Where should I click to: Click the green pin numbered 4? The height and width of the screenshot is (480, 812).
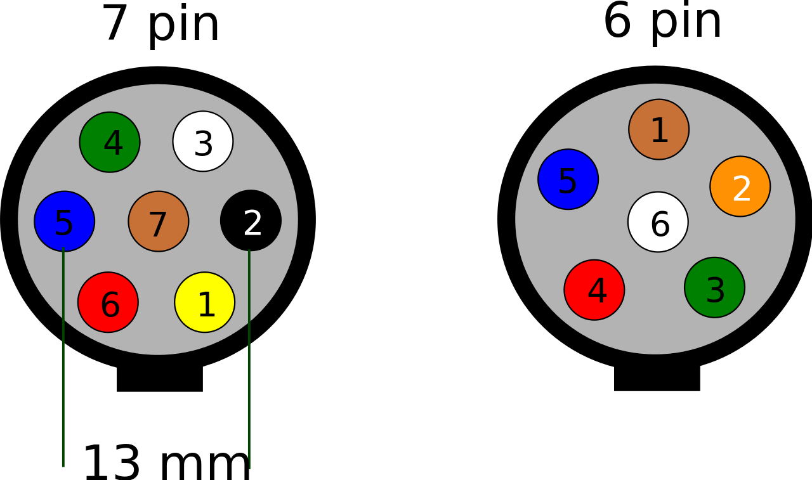tap(110, 142)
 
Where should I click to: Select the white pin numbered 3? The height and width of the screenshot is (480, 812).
tap(203, 141)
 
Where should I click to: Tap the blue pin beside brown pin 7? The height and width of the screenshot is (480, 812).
tap(64, 221)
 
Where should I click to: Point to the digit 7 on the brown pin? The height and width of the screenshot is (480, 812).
tap(157, 225)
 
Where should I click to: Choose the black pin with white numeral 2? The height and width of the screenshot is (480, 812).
tap(251, 220)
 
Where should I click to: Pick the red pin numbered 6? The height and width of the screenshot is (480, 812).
tap(108, 302)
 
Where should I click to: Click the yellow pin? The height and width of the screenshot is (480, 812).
tap(204, 302)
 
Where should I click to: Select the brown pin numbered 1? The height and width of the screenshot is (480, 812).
tap(658, 129)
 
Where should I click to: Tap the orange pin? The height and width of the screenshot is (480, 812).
tap(740, 186)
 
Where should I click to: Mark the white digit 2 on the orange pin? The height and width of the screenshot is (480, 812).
tap(741, 190)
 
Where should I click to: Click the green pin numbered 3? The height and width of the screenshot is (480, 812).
tap(714, 287)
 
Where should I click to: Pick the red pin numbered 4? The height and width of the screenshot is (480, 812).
tap(594, 290)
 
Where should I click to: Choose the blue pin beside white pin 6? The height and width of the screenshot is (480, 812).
tap(568, 179)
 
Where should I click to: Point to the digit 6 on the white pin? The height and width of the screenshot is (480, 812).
tap(660, 224)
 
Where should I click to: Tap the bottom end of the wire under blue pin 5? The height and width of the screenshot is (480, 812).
tap(63, 465)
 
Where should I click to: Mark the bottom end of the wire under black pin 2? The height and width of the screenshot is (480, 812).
tap(249, 467)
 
